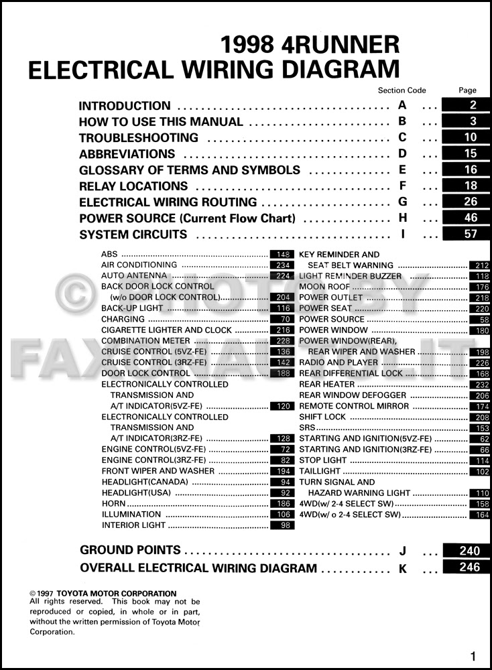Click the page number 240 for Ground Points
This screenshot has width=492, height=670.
pos(470,551)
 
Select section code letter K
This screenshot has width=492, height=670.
pos(403,568)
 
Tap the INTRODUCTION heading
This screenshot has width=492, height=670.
pos(125,106)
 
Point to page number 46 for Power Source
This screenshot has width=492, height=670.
pos(470,218)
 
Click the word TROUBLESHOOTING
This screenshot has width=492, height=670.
pos(139,138)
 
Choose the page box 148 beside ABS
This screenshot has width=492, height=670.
pos(282,255)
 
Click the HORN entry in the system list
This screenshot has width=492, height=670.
pos(113,503)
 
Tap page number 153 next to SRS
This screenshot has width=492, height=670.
pos(478,427)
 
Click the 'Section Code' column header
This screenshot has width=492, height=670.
pos(402,90)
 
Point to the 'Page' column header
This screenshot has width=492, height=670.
pos(468,90)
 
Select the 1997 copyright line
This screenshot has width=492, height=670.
pos(103,594)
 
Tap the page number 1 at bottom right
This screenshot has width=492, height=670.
pos(473,656)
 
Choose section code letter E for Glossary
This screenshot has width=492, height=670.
pos(402,170)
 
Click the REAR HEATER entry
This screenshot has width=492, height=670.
pos(326,385)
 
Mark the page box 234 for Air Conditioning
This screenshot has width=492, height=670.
pos(282,265)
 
